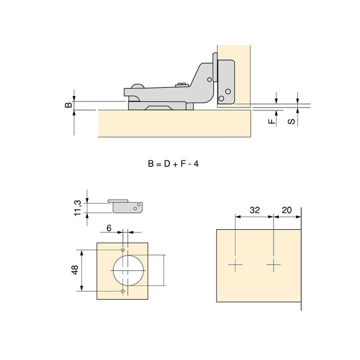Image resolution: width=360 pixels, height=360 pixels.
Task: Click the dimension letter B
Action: (68, 105)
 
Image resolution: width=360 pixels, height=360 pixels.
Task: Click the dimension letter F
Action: (272, 121)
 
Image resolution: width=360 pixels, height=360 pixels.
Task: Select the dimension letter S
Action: (292, 121)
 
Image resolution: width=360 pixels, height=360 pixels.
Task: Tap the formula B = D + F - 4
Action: (173, 164)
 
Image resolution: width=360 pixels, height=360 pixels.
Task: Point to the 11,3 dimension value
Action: (78, 208)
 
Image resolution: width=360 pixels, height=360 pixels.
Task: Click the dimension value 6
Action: (109, 228)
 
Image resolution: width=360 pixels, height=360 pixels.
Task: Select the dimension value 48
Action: (75, 270)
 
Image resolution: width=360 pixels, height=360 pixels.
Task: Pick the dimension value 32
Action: (255, 210)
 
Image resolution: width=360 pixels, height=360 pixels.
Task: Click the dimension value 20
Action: (287, 210)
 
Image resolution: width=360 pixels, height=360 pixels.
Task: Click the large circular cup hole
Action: (129, 271)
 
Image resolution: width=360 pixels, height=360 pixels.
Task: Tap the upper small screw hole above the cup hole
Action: (123, 250)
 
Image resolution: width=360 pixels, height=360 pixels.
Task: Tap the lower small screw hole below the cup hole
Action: (123, 291)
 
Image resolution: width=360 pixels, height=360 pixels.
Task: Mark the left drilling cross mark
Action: (236, 265)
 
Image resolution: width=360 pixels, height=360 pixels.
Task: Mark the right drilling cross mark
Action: (274, 265)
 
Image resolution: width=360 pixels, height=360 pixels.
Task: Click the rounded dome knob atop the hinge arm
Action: (137, 86)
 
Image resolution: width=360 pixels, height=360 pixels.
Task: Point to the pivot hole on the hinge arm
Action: (209, 80)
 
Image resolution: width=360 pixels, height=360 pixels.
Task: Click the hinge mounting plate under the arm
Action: (160, 105)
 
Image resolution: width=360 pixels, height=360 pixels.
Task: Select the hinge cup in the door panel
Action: (226, 82)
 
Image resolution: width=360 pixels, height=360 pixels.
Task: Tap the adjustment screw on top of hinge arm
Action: (182, 85)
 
